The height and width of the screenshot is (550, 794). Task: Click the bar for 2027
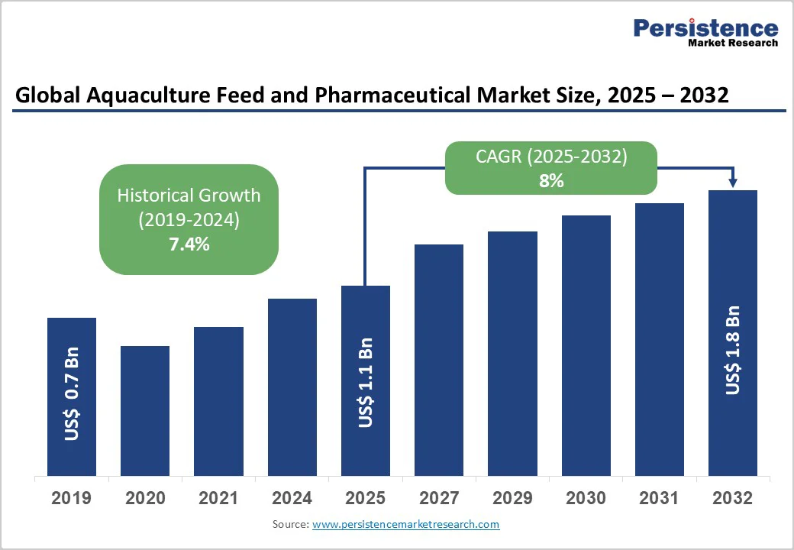(x=439, y=359)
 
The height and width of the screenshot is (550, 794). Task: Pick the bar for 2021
(x=218, y=401)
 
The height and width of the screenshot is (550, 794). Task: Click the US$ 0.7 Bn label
(x=72, y=394)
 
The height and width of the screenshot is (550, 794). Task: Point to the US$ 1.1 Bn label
(x=366, y=381)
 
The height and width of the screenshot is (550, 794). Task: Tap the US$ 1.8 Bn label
(x=733, y=350)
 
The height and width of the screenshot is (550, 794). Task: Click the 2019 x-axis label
(x=72, y=499)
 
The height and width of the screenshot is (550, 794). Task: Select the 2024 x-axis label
(x=292, y=499)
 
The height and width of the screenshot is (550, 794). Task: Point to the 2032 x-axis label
(x=733, y=499)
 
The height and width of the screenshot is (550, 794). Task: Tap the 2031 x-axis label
(x=659, y=499)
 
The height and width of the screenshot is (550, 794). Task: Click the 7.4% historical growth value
(x=189, y=244)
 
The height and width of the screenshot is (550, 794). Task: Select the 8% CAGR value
(x=551, y=181)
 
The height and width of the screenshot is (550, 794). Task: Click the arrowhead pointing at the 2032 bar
(x=733, y=183)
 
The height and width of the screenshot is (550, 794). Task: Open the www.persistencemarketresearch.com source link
(x=405, y=524)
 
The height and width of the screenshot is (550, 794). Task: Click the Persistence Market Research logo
(x=705, y=33)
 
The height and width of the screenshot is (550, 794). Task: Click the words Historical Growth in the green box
(x=189, y=195)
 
